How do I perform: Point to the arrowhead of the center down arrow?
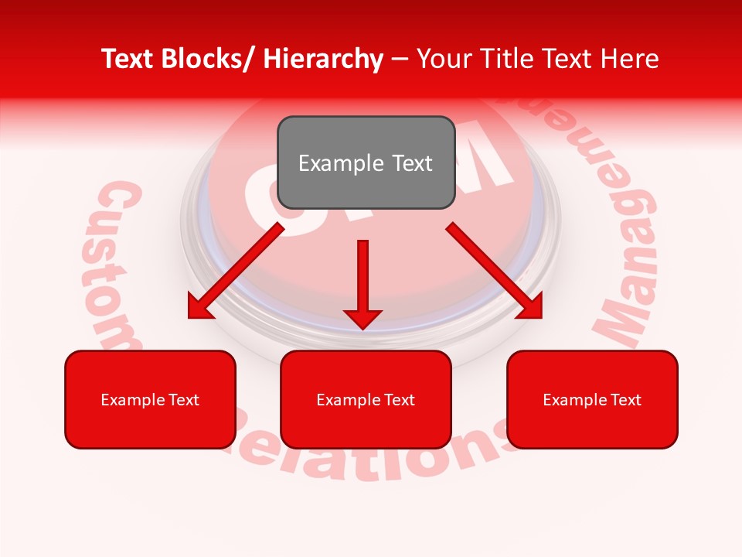362,319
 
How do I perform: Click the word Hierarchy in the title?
323,59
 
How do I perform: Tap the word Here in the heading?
630,59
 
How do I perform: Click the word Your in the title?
444,59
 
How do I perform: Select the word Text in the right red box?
625,400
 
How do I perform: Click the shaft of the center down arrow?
362,271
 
